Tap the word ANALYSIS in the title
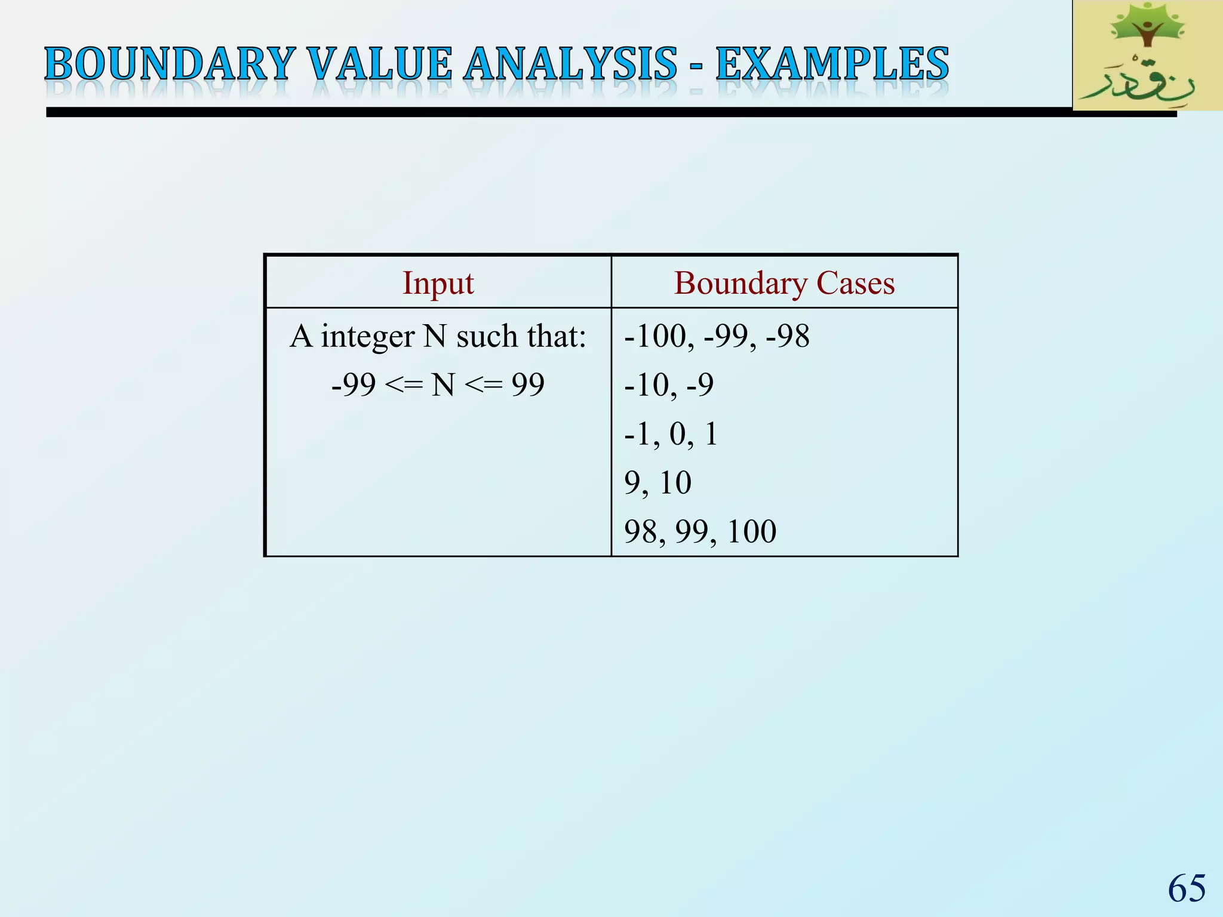point(570,64)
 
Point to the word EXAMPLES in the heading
point(832,64)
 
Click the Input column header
point(438,283)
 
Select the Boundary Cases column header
point(784,283)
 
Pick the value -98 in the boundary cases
point(788,336)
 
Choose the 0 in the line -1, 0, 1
point(678,434)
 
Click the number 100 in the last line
point(752,531)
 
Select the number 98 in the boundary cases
point(641,531)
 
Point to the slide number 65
point(1187,888)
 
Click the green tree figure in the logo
point(1145,30)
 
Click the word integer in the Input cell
point(367,337)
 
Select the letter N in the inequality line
point(443,385)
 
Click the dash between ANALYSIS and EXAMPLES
point(696,67)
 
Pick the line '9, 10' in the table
point(657,482)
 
